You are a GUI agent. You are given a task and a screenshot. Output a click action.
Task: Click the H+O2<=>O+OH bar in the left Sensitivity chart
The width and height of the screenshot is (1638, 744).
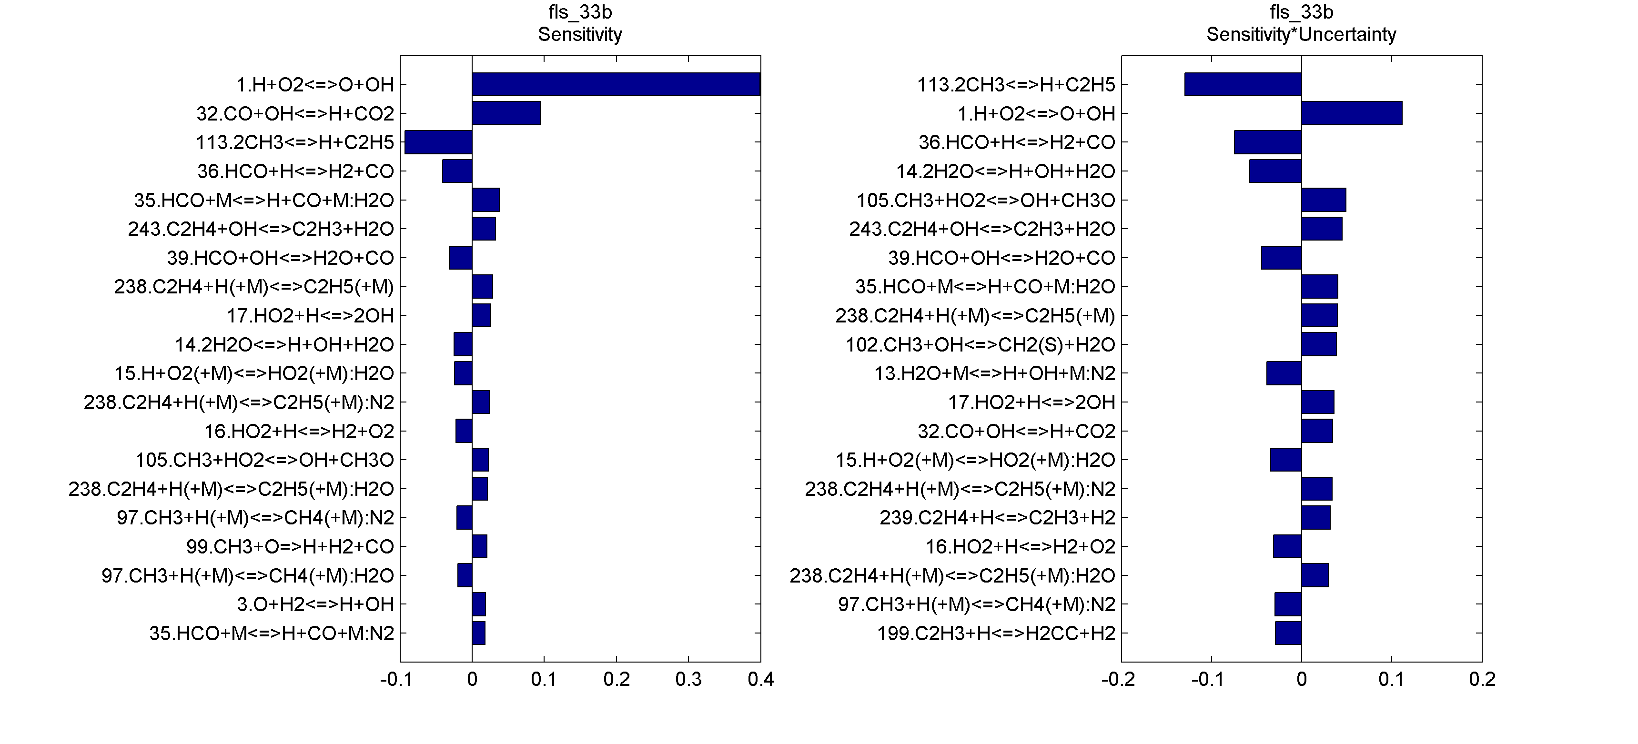pos(616,85)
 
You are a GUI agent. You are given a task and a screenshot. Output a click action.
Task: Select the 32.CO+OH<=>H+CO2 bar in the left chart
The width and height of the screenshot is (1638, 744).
pos(506,113)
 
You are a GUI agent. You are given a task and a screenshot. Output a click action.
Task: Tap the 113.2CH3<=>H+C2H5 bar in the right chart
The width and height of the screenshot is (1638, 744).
pos(1243,85)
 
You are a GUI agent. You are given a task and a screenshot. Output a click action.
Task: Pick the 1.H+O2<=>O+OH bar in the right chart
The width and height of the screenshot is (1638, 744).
pos(1351,113)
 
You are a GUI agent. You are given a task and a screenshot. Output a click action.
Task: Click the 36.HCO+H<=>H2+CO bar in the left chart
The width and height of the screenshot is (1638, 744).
pos(457,171)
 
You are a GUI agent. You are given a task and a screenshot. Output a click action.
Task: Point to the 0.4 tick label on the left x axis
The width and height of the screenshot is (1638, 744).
pos(760,680)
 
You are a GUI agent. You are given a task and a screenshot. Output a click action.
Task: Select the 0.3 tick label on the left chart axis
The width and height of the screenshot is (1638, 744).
pos(688,680)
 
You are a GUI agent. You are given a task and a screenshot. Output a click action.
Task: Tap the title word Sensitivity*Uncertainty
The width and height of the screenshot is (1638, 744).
pos(1301,34)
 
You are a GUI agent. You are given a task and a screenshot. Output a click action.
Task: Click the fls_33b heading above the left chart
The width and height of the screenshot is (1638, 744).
pos(580,12)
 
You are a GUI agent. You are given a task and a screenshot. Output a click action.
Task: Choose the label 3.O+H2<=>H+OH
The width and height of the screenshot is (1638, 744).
pos(315,604)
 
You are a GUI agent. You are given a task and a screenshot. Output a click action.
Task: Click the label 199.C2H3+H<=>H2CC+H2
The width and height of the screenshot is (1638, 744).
pos(996,633)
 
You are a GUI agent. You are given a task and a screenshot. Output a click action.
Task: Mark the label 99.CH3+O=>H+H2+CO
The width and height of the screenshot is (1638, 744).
pos(290,547)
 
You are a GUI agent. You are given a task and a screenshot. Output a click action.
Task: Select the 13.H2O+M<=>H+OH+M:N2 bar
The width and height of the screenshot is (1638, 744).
pos(1284,373)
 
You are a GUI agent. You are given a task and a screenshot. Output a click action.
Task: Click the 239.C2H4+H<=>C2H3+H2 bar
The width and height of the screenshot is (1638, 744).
pos(1315,518)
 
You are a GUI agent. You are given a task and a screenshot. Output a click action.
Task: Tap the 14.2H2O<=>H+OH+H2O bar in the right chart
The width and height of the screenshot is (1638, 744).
pos(1275,171)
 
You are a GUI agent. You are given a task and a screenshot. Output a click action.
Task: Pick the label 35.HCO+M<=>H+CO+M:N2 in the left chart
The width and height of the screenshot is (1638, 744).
pos(272,633)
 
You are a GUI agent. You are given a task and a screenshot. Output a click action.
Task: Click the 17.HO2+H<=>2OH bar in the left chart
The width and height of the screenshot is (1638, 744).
pos(481,315)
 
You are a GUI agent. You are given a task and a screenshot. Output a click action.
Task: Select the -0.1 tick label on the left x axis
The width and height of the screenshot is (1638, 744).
pos(396,680)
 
